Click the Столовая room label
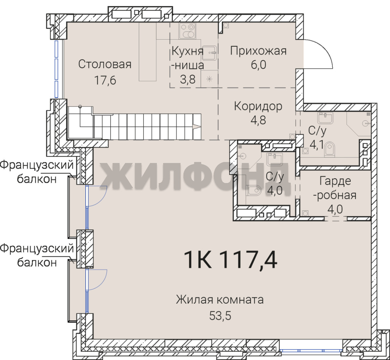tap(105, 64)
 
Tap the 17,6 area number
tap(105, 80)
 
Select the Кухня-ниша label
tap(188, 58)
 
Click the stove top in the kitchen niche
tap(187, 31)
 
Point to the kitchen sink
tap(209, 53)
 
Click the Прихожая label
tap(258, 51)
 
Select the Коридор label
tap(258, 107)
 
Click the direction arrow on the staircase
tap(197, 127)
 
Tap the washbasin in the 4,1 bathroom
tap(325, 118)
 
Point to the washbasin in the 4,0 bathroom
tap(274, 159)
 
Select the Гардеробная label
tap(335, 188)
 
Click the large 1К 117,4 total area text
tap(230, 260)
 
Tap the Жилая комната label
tap(220, 300)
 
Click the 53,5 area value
tap(220, 316)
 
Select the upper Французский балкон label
tap(37, 172)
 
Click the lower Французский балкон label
tap(37, 255)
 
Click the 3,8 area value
tap(188, 80)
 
